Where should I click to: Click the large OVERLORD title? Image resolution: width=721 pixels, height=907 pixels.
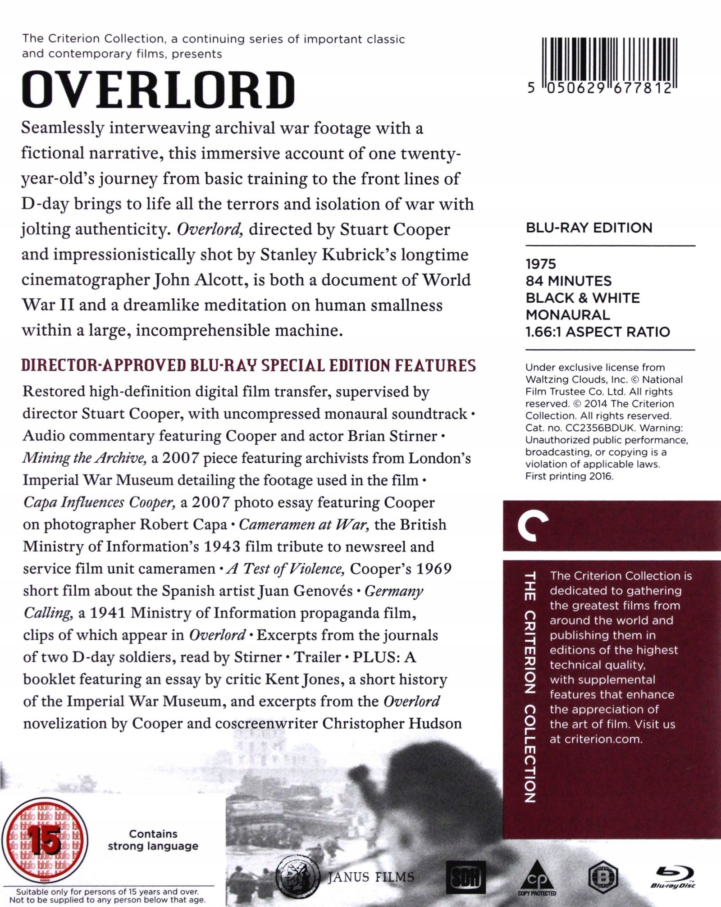(x=158, y=90)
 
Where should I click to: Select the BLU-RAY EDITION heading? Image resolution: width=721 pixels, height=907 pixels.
(x=589, y=228)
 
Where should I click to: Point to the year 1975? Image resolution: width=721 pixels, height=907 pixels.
(x=541, y=264)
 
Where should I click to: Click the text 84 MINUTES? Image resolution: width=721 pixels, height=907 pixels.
(x=568, y=281)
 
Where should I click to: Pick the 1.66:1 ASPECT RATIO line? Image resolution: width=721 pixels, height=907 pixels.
(x=598, y=332)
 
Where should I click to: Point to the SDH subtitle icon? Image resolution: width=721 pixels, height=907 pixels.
(x=465, y=876)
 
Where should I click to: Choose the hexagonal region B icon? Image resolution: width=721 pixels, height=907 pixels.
(x=602, y=876)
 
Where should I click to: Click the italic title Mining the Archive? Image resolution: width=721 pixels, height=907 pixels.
(x=84, y=458)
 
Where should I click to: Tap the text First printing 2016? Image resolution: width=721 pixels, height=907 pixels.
(x=569, y=476)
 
